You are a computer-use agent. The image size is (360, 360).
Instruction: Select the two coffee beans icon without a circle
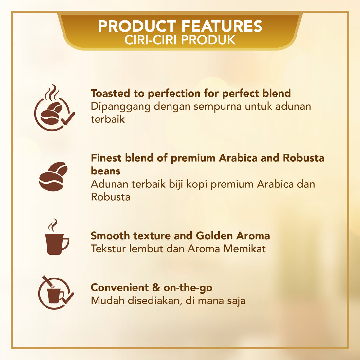pos(53,176)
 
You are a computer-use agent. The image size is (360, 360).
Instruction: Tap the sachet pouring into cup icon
pos(55,291)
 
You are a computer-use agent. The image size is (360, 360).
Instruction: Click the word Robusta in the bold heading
pos(303,158)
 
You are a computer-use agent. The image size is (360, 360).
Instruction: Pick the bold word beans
pos(105,171)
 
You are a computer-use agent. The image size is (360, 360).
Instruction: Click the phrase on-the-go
pos(188,288)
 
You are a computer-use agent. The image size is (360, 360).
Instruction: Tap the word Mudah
pos(108,300)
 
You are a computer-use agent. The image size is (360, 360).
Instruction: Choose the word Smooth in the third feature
pos(110,236)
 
